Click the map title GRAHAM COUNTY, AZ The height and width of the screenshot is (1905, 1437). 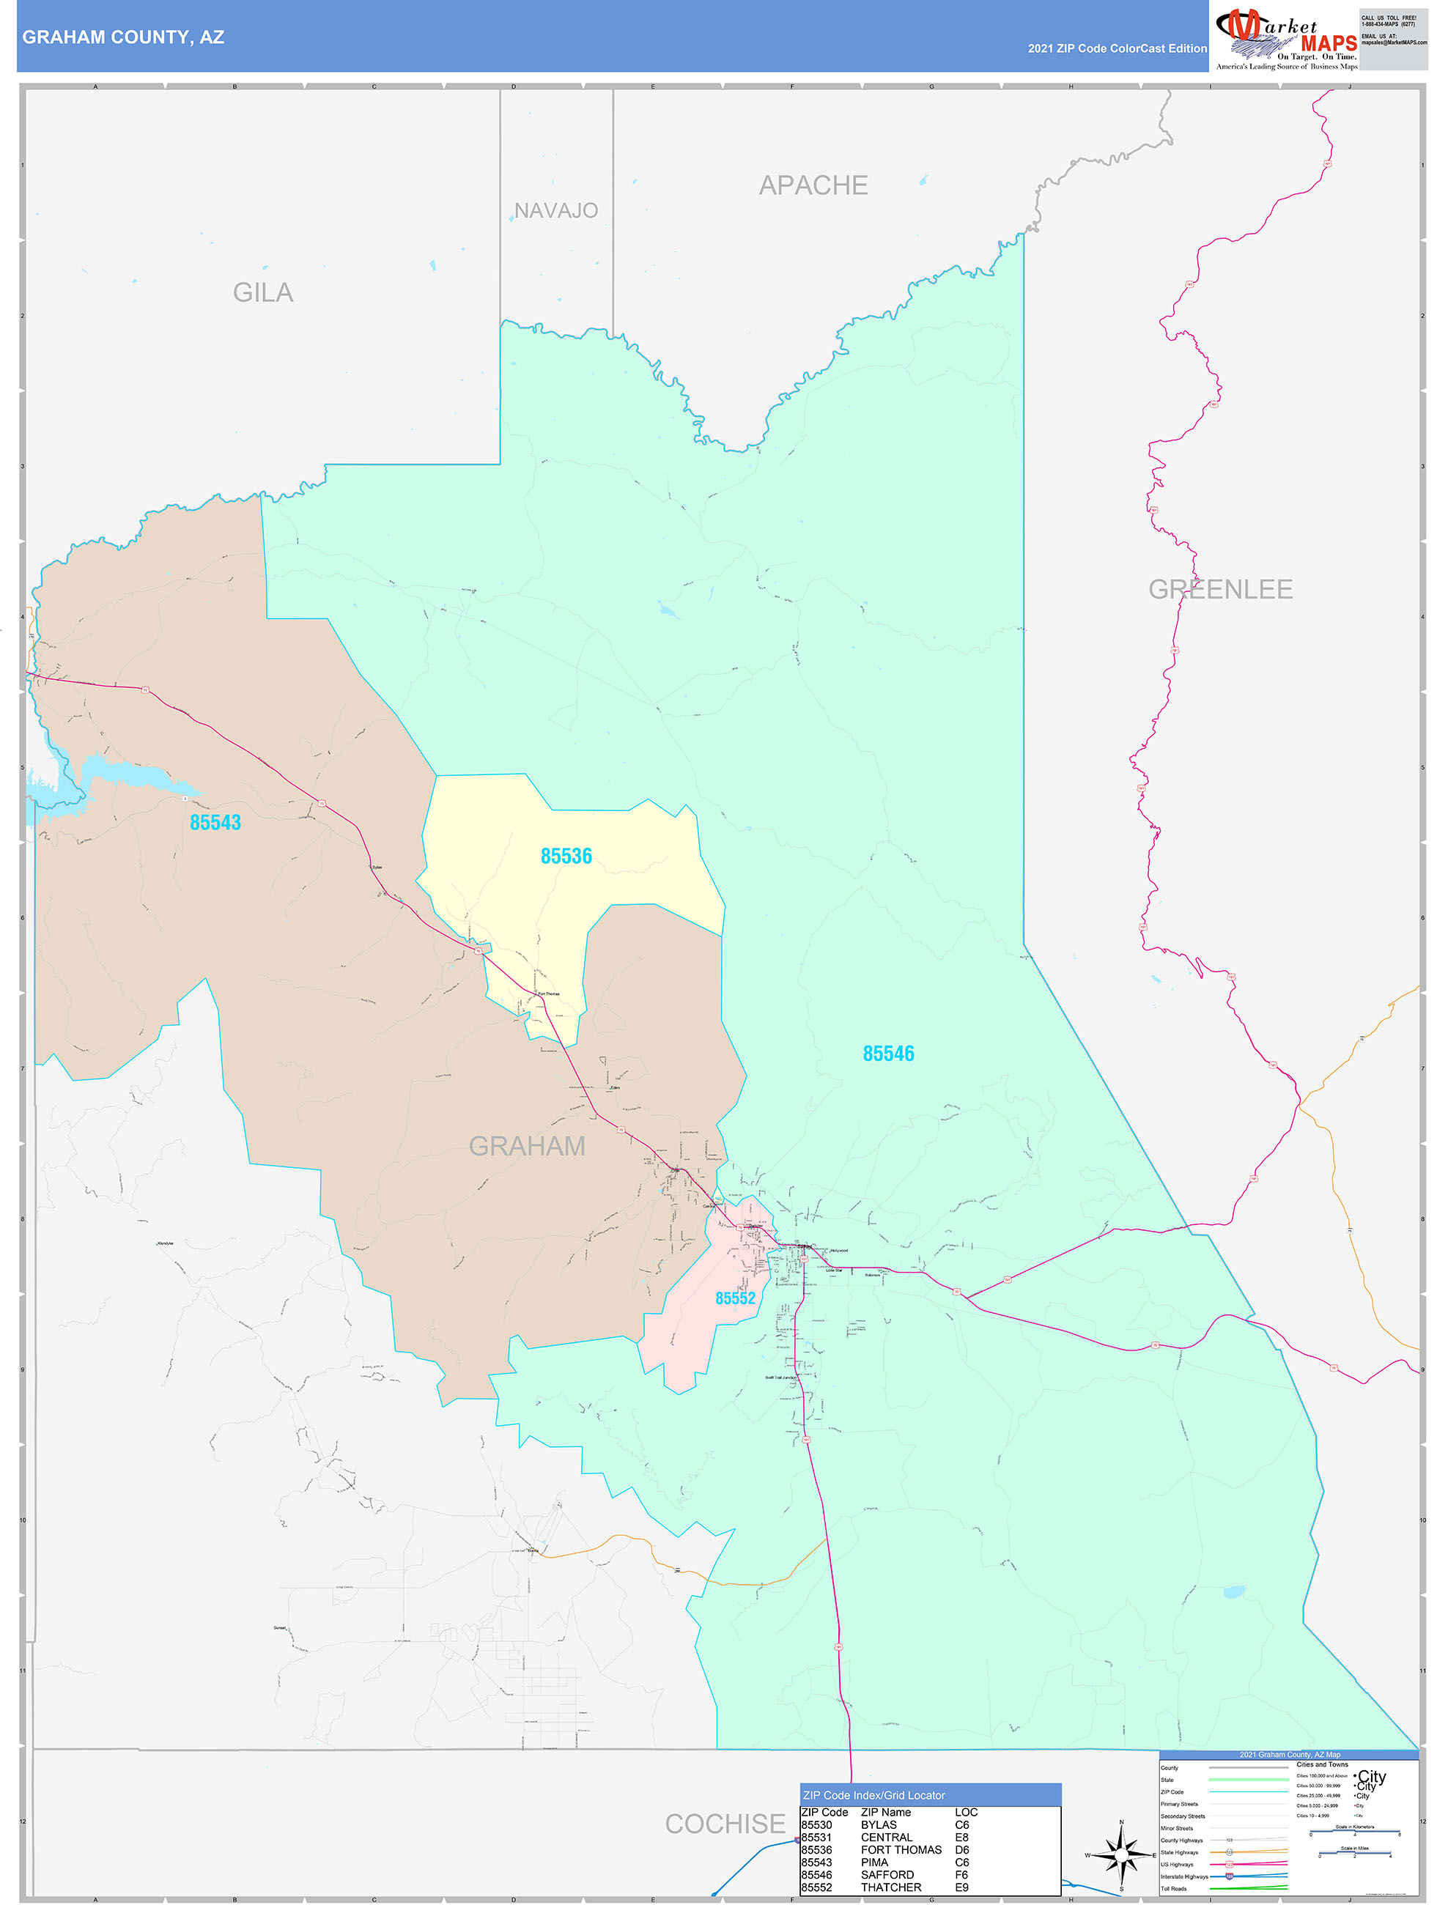click(123, 37)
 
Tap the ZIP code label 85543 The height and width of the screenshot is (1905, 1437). click(215, 823)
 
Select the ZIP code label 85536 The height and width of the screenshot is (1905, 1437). click(566, 856)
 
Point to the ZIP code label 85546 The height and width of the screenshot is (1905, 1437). click(888, 1054)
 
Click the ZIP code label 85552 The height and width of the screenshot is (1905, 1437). click(735, 1298)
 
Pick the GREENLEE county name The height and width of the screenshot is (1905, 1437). click(1220, 589)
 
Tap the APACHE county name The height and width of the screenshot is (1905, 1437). click(813, 185)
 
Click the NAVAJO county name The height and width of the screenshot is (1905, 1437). click(555, 210)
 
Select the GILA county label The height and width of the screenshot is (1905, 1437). click(263, 293)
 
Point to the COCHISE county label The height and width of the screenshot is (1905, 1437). click(725, 1823)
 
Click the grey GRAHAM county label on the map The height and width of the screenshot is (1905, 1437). click(526, 1146)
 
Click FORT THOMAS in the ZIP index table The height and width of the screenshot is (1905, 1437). click(901, 1849)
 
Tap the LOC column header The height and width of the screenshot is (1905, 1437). click(966, 1812)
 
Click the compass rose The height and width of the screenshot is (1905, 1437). click(1121, 1855)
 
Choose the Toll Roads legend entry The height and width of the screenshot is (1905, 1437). click(1173, 1889)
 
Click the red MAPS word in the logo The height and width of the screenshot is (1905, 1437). click(1329, 44)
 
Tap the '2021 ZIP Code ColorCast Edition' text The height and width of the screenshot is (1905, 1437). click(1117, 48)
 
